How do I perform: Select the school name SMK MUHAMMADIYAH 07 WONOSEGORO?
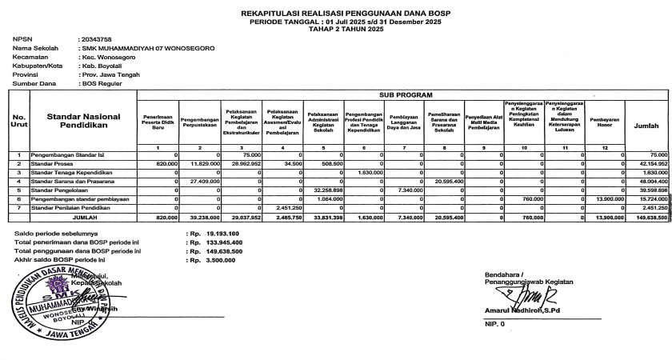click(x=148, y=48)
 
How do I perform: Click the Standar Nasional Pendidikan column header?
click(x=83, y=122)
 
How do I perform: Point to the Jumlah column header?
click(x=646, y=126)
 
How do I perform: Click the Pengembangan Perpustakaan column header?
click(x=200, y=122)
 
